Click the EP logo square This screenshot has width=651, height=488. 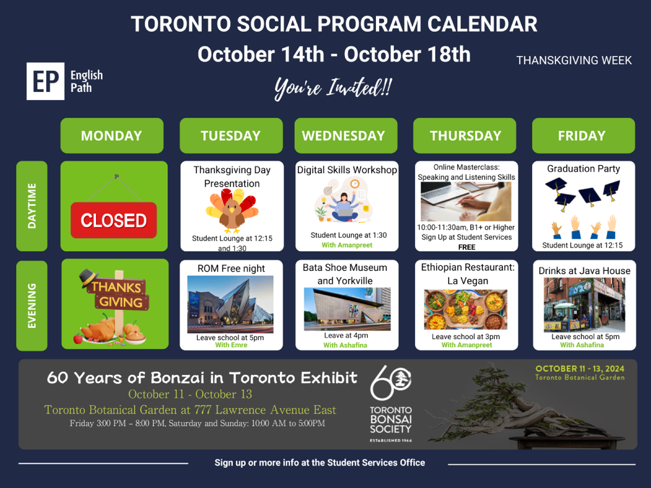click(x=46, y=81)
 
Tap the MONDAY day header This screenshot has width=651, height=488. click(x=112, y=136)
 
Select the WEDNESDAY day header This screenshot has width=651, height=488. click(x=346, y=136)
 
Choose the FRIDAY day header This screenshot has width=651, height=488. click(x=583, y=136)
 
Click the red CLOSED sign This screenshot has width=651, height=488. click(x=114, y=220)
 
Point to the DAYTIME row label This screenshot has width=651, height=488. click(x=32, y=206)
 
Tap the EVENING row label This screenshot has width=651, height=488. click(x=32, y=306)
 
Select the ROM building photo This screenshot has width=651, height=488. click(x=230, y=304)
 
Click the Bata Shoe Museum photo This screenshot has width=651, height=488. click(x=347, y=309)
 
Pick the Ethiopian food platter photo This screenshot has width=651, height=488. click(x=465, y=309)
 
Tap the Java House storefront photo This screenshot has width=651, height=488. click(x=584, y=305)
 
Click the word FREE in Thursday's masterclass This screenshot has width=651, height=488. click(x=467, y=247)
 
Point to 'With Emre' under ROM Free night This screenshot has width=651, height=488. click(x=232, y=345)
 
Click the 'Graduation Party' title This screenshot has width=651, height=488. click(x=583, y=169)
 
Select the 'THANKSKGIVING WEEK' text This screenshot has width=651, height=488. click(x=574, y=61)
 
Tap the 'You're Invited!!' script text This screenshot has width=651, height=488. click(x=333, y=88)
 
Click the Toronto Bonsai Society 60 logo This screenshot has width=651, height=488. click(x=391, y=403)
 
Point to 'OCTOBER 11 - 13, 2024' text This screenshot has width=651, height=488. click(x=580, y=368)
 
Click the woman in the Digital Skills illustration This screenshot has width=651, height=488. click(x=344, y=207)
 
